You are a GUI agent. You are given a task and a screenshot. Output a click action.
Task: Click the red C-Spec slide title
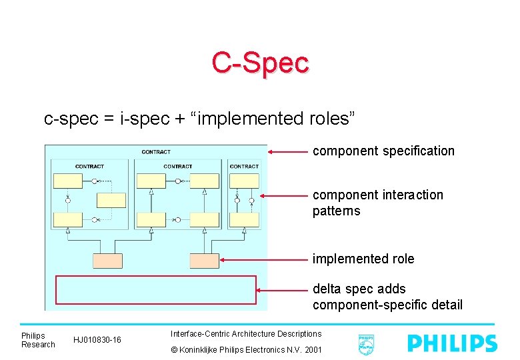260,63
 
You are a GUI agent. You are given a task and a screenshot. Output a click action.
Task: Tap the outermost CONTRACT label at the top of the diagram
156,152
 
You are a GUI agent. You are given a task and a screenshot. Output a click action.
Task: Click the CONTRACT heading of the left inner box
89,167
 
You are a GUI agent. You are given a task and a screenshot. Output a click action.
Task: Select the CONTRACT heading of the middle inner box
178,167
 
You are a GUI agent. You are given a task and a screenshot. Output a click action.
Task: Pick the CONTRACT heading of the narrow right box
244,167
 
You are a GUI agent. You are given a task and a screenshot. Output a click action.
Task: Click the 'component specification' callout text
383,151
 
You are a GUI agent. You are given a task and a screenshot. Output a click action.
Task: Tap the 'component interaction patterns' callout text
377,203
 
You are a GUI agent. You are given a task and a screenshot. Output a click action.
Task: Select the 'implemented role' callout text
363,259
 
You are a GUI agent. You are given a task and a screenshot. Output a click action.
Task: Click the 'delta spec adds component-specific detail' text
387,297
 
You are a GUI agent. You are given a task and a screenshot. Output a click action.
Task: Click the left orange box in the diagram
107,261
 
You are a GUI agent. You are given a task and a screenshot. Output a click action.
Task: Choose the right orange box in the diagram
204,261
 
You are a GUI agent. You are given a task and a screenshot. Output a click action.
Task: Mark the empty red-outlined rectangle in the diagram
156,290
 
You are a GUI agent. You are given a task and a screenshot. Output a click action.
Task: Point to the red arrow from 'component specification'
288,152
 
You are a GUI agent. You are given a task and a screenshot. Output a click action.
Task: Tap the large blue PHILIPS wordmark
452,343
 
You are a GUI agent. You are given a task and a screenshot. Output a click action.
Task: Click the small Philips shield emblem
365,344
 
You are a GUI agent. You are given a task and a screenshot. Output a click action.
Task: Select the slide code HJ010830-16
97,340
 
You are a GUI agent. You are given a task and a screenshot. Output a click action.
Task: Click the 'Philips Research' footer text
38,340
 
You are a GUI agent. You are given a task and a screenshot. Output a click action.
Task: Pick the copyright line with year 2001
246,349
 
